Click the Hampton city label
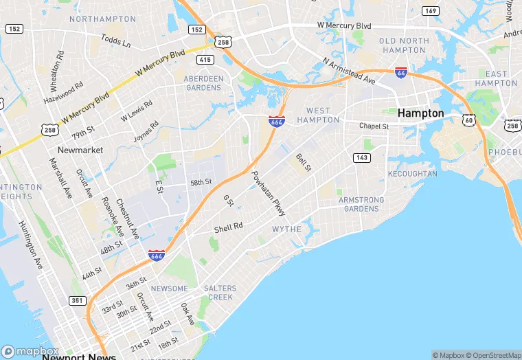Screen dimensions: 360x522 pyautogui.click(x=421, y=113)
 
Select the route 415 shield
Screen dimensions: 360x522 pyautogui.click(x=205, y=60)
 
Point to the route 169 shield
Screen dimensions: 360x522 pyautogui.click(x=431, y=10)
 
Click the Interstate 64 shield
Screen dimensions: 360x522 pyautogui.click(x=401, y=72)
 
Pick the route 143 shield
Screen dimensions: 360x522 pyautogui.click(x=362, y=157)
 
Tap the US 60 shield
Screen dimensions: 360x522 pyautogui.click(x=468, y=120)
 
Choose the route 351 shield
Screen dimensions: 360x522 pyautogui.click(x=76, y=301)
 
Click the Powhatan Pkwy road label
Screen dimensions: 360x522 pyautogui.click(x=268, y=194)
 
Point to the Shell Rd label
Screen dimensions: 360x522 pyautogui.click(x=229, y=227)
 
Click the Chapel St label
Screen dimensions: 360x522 pyautogui.click(x=374, y=126)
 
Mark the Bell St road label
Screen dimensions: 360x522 pyautogui.click(x=303, y=164)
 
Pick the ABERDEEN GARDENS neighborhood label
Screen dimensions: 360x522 pyautogui.click(x=203, y=83)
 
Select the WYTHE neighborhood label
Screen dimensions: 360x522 pyautogui.click(x=286, y=229)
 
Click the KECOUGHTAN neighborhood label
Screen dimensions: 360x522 pyautogui.click(x=412, y=174)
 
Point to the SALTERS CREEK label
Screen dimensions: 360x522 pyautogui.click(x=220, y=293)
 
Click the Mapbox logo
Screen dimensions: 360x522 pyautogui.click(x=30, y=350)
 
